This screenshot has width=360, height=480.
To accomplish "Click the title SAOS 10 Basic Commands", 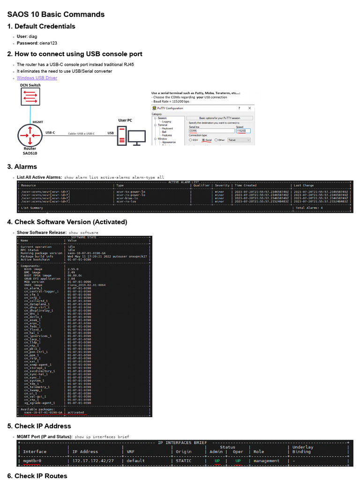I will (x=56, y=15).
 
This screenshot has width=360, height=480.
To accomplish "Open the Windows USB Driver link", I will (x=37, y=78).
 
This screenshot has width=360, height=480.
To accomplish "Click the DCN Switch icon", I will (x=30, y=97).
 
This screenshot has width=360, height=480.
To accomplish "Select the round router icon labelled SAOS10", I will (x=30, y=135).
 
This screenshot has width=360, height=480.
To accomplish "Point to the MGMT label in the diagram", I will (x=37, y=122).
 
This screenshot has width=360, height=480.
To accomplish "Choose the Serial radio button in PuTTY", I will (x=204, y=140).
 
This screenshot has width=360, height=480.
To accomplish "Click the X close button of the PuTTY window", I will (x=249, y=108).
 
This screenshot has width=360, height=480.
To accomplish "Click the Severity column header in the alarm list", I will (x=222, y=185).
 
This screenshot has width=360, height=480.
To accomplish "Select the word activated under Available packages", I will (x=75, y=412).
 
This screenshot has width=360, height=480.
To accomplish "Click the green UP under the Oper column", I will (x=238, y=461).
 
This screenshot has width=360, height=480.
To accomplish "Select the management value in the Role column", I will (x=266, y=461).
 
